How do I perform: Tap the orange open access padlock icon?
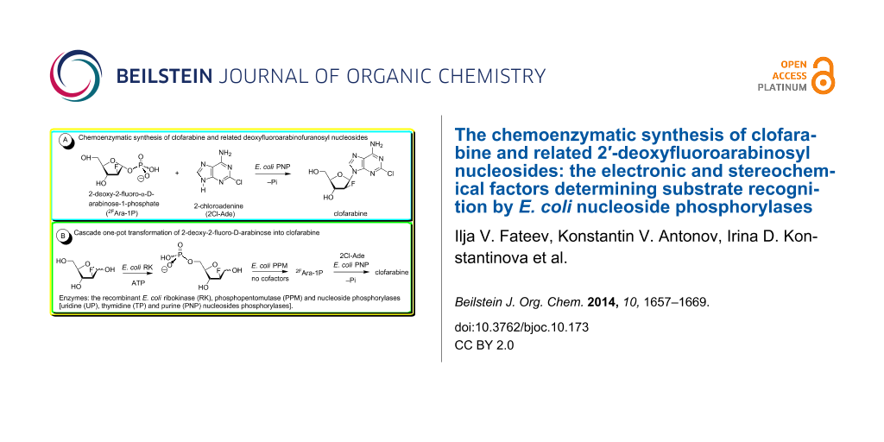(x=824, y=75)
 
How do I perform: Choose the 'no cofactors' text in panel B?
(x=268, y=280)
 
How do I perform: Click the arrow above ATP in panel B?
(x=136, y=272)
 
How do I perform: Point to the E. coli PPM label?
(x=268, y=265)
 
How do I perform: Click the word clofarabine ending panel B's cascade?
(x=390, y=271)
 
